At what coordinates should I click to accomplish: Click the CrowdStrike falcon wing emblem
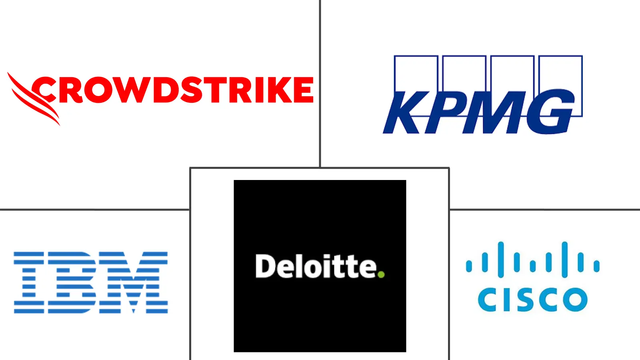[x=33, y=98]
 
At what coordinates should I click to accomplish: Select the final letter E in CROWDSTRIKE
[x=304, y=90]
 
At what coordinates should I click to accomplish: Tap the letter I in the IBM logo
[x=29, y=282]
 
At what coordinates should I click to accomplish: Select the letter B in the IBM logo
[x=72, y=282]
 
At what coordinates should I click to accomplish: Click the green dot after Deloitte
[x=381, y=274]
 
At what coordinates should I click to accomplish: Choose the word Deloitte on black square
[x=320, y=266]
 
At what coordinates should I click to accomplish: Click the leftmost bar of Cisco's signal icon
[x=468, y=266]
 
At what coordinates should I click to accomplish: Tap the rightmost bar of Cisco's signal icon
[x=596, y=266]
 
